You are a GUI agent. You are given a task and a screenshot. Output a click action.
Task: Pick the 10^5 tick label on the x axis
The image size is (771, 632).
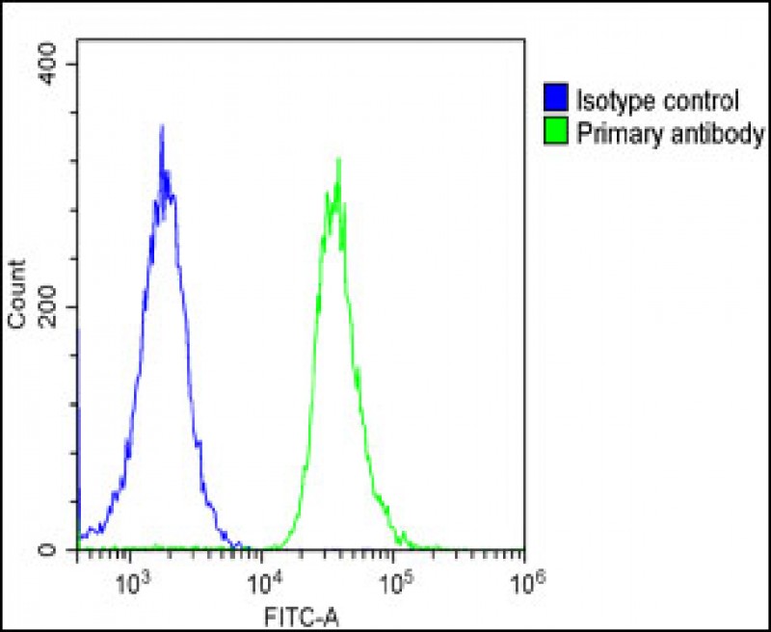point(394,581)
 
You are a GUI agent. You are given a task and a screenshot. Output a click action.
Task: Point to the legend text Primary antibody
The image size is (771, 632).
point(670,133)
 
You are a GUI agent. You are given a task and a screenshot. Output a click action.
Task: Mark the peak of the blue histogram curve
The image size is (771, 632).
point(162,126)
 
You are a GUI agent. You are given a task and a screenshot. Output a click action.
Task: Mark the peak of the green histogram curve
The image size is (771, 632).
point(338,159)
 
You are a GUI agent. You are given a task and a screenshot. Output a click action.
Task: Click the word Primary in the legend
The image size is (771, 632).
point(613,133)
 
